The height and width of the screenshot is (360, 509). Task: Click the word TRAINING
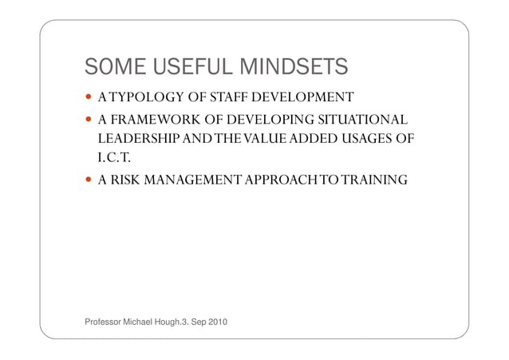pos(369,181)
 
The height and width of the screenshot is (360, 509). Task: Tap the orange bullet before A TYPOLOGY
pos(89,99)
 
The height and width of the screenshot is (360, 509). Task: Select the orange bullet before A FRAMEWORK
pos(89,121)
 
